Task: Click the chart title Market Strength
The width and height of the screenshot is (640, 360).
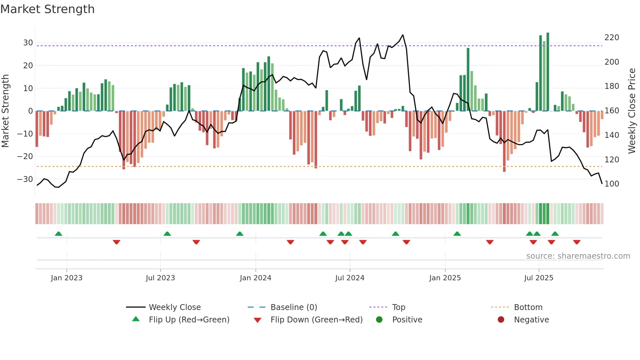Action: (x=47, y=9)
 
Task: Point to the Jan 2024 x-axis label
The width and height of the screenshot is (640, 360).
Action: (x=255, y=278)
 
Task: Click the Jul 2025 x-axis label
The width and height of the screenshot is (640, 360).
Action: (x=538, y=278)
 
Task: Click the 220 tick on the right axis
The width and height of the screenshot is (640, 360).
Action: (x=612, y=38)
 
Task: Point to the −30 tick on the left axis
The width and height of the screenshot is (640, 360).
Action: (x=25, y=179)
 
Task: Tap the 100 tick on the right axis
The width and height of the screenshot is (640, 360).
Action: (x=612, y=184)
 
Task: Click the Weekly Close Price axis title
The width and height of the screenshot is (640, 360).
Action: (x=632, y=111)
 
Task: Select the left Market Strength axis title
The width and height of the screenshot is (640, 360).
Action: (x=5, y=111)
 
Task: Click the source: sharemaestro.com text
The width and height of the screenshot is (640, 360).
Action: (x=578, y=256)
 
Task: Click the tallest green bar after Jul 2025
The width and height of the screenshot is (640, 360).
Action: (x=548, y=72)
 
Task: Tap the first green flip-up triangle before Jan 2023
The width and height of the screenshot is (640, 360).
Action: (x=58, y=234)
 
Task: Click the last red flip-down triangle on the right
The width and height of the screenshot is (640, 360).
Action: (x=577, y=242)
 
